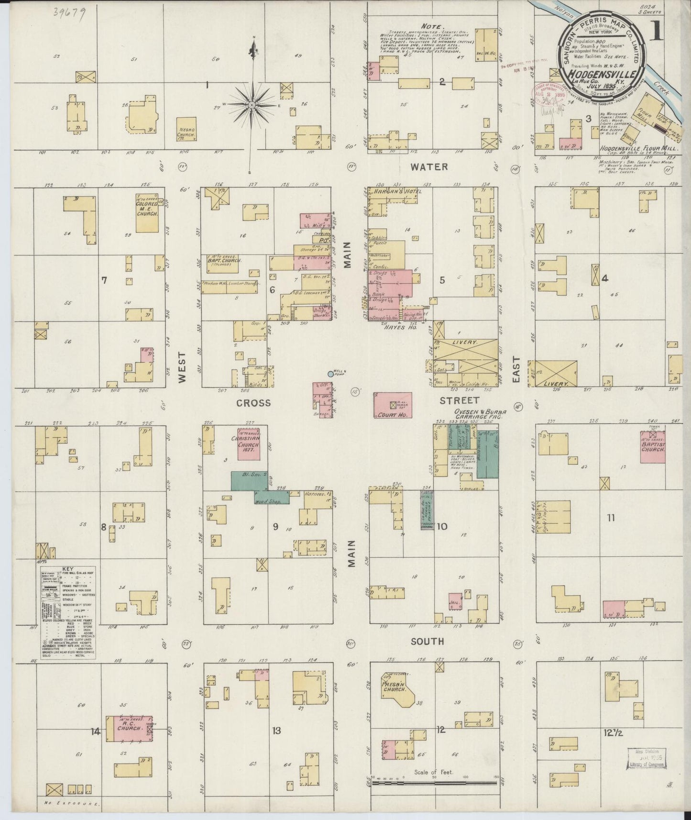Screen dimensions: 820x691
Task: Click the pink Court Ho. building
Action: (x=393, y=405)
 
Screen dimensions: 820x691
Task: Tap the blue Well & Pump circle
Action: (x=330, y=374)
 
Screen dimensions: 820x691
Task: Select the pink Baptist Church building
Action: (x=653, y=447)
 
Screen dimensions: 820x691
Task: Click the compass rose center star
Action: (x=252, y=104)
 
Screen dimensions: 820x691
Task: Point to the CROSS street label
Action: (x=253, y=403)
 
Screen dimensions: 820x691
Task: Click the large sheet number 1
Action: (x=657, y=32)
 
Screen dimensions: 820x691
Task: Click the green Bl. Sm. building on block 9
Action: (x=249, y=480)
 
